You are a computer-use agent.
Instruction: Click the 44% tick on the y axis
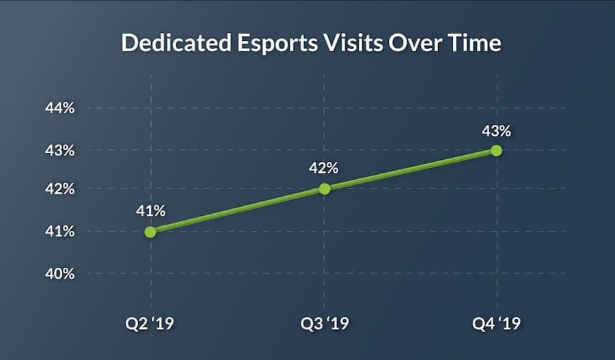tap(60, 108)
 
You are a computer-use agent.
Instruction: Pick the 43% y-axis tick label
tap(60, 150)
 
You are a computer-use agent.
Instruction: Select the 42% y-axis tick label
tap(60, 189)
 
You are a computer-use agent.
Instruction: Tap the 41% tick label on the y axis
tap(60, 232)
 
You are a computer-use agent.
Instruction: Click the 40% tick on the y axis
tap(60, 273)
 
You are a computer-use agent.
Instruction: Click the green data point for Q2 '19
tap(150, 232)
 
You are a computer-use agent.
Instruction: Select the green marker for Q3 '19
tap(324, 189)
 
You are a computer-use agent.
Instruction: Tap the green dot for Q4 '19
tap(496, 150)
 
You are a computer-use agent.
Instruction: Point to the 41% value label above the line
tap(150, 210)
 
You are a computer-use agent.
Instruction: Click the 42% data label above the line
tap(324, 168)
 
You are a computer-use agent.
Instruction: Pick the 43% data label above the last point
tap(496, 130)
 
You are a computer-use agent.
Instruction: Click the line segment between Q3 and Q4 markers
tap(410, 169)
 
